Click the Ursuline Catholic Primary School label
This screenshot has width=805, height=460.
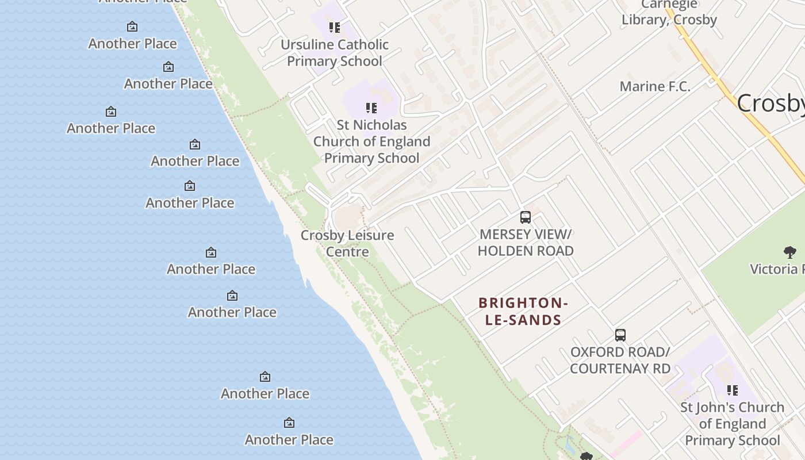pos(335,53)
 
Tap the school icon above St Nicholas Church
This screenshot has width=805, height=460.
pos(371,108)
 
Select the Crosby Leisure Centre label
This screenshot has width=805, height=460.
pos(347,243)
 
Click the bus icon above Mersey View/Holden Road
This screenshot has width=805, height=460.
pos(526,217)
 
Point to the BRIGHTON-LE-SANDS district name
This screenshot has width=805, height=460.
pos(523,311)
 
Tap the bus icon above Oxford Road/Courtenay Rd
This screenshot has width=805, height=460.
pos(620,335)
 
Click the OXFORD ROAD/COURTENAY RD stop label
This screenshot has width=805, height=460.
pos(620,360)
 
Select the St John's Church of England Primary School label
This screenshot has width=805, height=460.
pos(732,424)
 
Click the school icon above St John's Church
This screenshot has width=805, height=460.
pos(732,390)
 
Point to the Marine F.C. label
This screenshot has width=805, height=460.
pos(655,87)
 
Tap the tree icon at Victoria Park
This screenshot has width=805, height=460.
pos(789,251)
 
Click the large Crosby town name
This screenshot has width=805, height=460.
pos(770,103)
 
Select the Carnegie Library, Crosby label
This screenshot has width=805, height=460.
pos(669,13)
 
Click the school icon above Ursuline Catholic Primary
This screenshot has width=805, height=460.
pos(335,27)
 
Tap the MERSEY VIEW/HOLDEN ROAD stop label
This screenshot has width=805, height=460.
pos(526,243)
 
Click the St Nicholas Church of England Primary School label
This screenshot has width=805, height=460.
pos(371,141)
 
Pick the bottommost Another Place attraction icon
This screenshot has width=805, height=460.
pos(289,423)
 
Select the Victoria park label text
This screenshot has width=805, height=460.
pos(776,269)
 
